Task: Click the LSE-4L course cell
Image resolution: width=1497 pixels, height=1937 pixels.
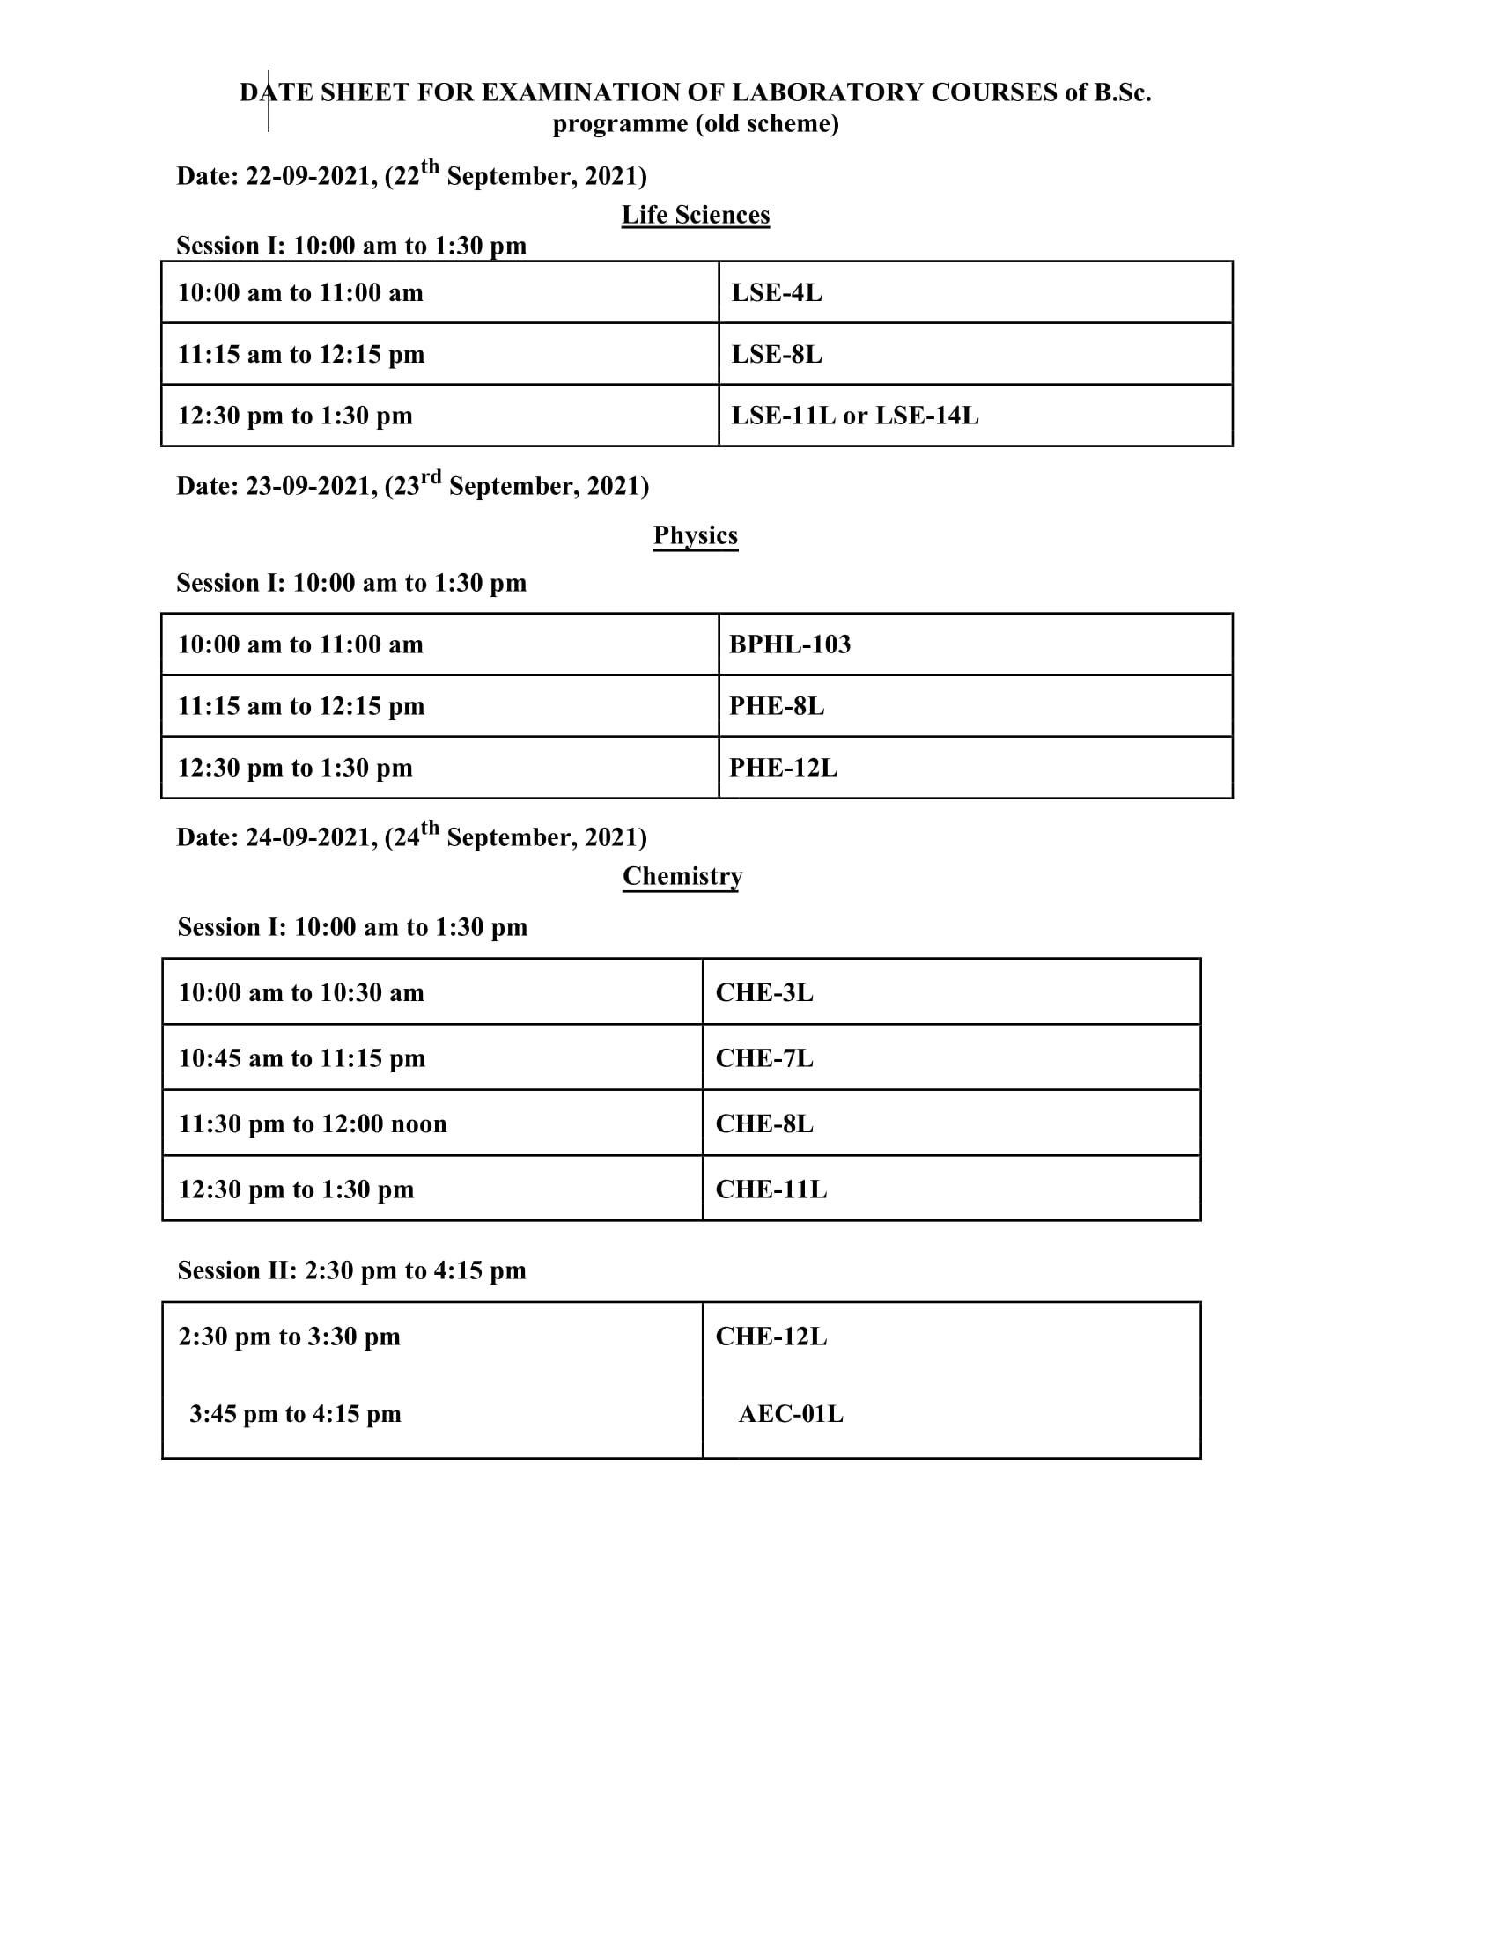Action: (776, 292)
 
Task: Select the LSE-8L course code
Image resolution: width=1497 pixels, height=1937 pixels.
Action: (776, 354)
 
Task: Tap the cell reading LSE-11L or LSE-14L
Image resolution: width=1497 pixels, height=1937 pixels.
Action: (854, 415)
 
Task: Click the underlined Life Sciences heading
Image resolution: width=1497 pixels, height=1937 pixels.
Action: (696, 215)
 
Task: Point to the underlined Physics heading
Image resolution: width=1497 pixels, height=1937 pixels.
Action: (696, 534)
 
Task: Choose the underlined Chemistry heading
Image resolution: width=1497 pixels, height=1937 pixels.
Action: (682, 875)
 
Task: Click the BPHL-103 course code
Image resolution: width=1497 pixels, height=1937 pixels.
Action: (789, 644)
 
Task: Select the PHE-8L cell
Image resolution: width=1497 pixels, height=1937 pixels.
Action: (776, 706)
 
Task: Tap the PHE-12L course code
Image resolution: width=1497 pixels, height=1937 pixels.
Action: (782, 767)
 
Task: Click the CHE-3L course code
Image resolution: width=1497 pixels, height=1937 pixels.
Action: (763, 992)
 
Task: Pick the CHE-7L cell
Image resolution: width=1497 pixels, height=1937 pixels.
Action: (763, 1058)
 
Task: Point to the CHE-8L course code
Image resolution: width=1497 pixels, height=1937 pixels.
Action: (763, 1123)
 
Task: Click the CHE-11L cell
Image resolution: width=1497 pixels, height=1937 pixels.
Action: (771, 1189)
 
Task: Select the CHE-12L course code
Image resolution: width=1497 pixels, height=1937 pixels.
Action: (771, 1337)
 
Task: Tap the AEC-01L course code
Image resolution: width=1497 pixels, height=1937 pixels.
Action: (790, 1414)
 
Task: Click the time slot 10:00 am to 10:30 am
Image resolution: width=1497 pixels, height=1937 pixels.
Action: (301, 992)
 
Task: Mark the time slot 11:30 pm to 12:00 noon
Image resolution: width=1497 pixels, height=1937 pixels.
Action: (313, 1123)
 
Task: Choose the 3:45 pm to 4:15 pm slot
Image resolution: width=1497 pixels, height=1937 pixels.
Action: (294, 1414)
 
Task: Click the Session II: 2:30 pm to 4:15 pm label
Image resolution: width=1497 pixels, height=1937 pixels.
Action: (351, 1270)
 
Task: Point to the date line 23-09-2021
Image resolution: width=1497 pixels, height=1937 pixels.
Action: (412, 485)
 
